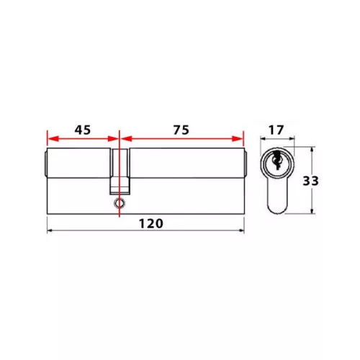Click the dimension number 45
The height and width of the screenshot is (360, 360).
point(83,130)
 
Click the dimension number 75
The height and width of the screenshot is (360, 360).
point(181,130)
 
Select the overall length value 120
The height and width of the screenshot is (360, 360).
point(151,224)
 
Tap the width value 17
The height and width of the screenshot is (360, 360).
point(276,130)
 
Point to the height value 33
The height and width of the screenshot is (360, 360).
point(310,181)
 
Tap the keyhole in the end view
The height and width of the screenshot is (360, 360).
point(277,160)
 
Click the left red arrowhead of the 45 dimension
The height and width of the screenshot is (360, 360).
point(53,139)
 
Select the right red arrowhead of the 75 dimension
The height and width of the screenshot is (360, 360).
point(238,139)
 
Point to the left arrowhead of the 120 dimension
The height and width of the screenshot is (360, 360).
point(50,230)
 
